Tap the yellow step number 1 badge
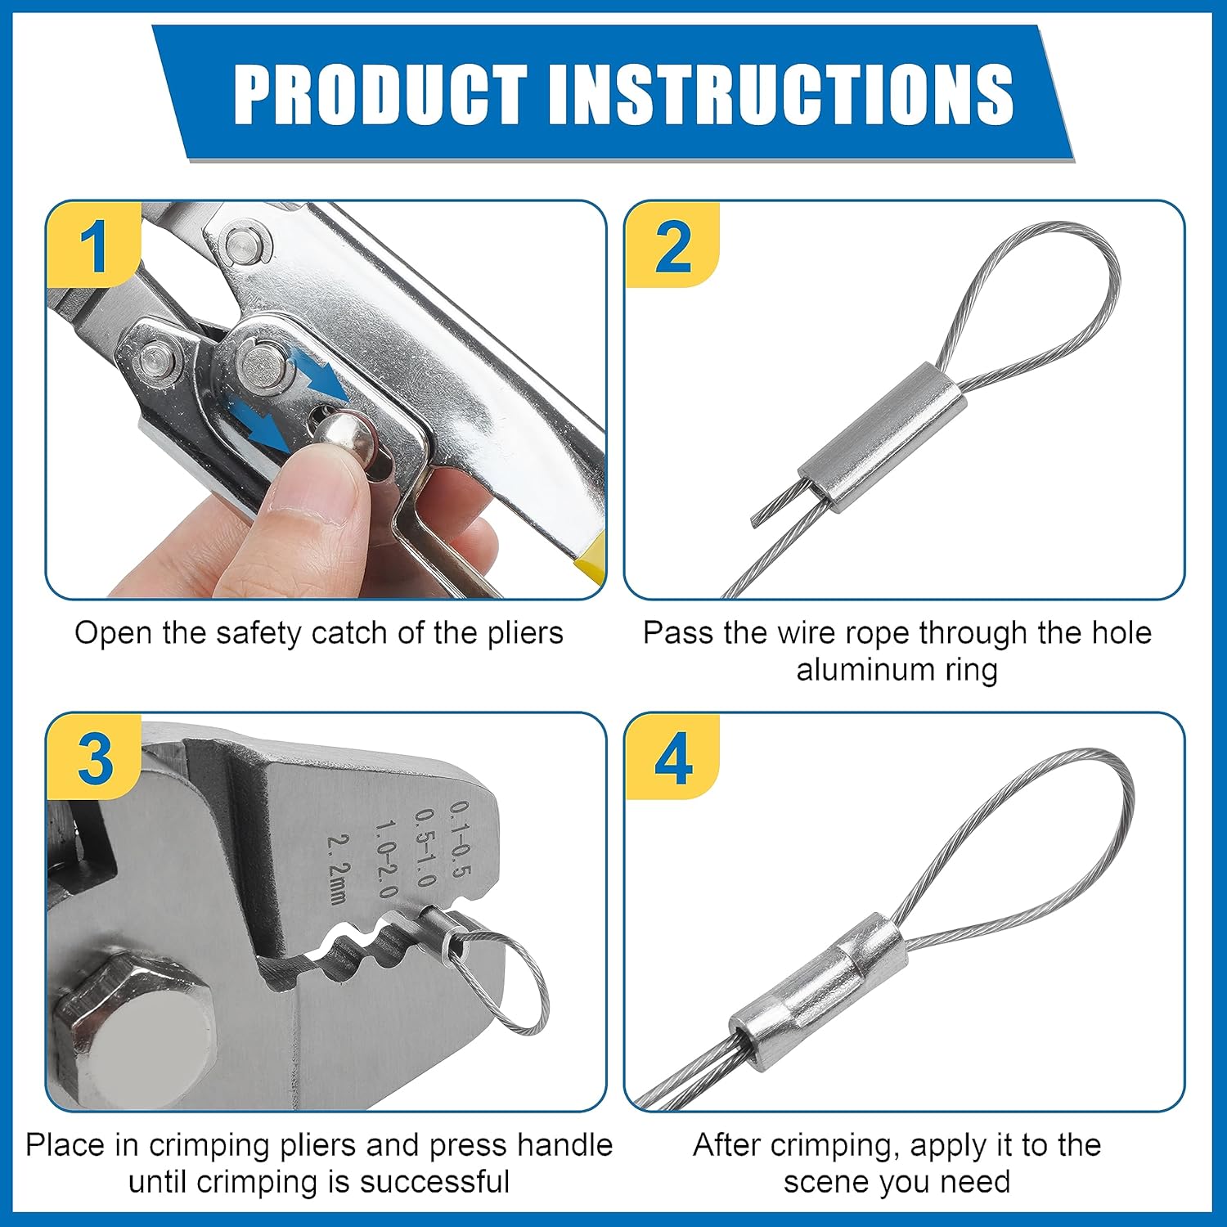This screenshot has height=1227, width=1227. pyautogui.click(x=92, y=244)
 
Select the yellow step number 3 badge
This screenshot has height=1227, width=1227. pyautogui.click(x=94, y=757)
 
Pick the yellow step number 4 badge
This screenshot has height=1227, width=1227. pyautogui.click(x=672, y=757)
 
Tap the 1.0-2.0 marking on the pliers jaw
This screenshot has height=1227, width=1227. pyautogui.click(x=384, y=859)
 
